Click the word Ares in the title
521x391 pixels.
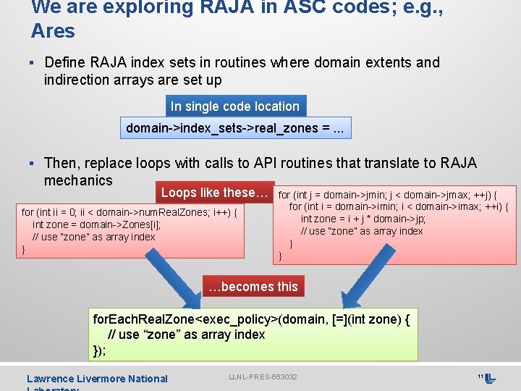pos(53,31)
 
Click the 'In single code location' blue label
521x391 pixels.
pos(234,106)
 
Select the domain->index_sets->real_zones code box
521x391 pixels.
pos(234,128)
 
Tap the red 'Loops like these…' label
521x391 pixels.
pos(214,193)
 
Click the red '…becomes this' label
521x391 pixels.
pos(253,286)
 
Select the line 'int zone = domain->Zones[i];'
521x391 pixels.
pos(96,224)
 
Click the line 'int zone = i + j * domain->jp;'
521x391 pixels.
pos(363,219)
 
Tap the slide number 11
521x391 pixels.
pos(480,377)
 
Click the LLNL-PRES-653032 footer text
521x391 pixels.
pos(263,377)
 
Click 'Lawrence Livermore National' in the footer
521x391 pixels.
pos(97,379)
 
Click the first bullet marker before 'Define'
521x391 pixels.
pos(35,63)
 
